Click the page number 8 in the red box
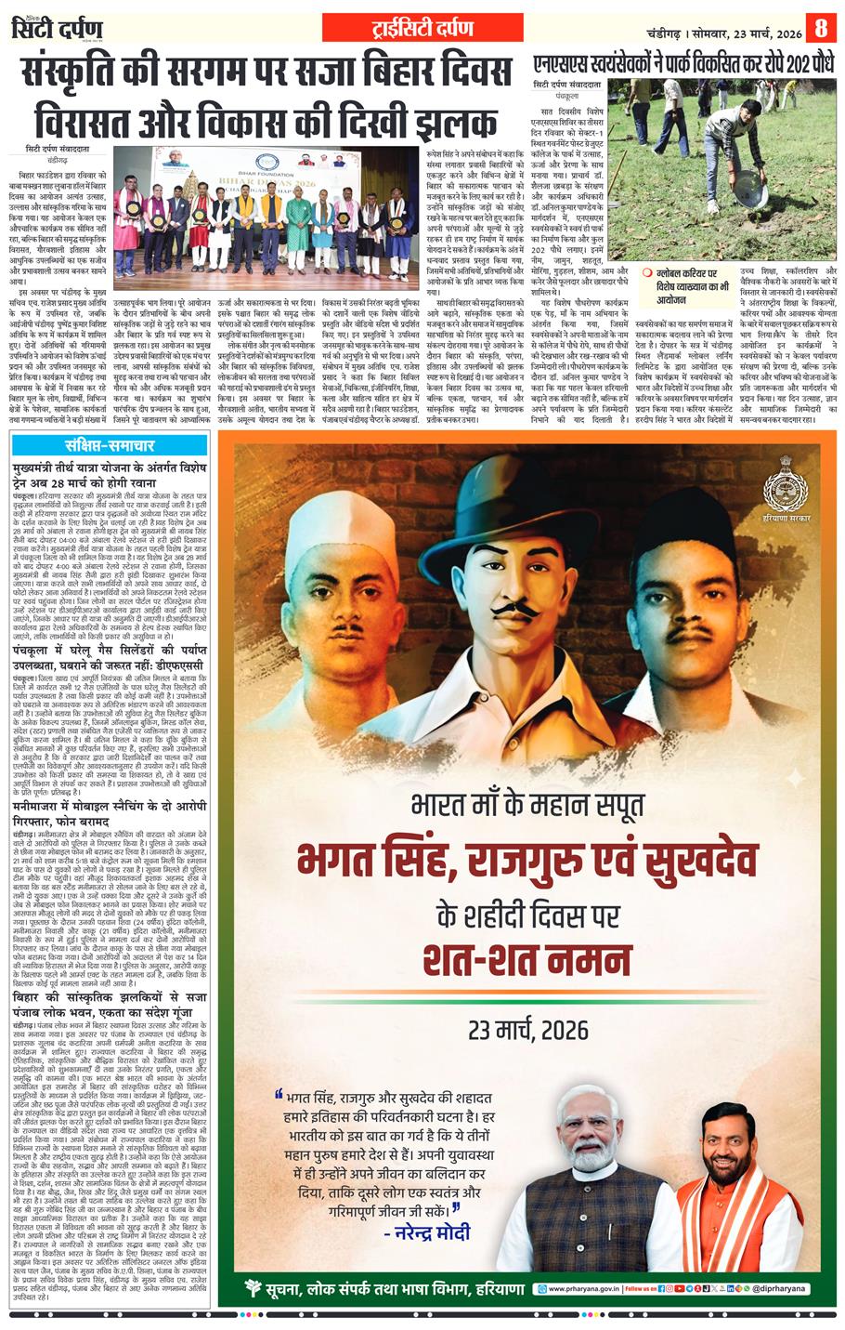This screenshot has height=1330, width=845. [x=820, y=28]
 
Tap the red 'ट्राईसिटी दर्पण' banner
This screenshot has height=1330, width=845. [x=422, y=28]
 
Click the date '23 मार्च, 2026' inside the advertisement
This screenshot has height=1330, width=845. [x=527, y=1030]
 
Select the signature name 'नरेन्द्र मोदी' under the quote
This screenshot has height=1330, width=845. [x=428, y=1232]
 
